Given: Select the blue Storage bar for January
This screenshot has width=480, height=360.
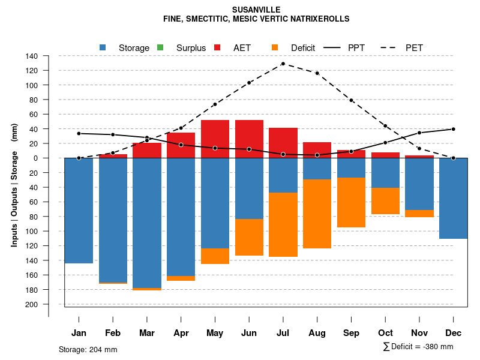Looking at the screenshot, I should click(79, 210).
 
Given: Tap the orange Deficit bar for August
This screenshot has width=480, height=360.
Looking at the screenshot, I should click(317, 214).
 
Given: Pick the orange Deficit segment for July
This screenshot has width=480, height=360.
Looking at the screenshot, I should click(283, 224).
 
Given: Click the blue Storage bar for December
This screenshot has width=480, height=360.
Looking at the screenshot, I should click(453, 198).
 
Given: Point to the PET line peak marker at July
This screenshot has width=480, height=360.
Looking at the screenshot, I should click(283, 64).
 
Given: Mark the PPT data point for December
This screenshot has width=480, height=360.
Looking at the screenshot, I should click(453, 129).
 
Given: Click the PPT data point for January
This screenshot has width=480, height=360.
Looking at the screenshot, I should click(79, 133).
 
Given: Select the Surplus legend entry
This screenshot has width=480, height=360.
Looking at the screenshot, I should click(191, 48).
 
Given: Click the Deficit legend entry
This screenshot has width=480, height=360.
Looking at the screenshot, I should click(303, 48).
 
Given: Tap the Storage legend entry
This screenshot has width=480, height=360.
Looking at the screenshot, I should click(134, 48).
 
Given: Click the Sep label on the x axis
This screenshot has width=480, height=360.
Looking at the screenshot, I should click(351, 333).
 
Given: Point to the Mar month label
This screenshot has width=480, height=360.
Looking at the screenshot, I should click(147, 333).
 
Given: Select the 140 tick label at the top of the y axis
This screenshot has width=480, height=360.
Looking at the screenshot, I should click(32, 56).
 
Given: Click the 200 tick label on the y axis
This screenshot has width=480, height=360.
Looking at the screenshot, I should click(32, 304).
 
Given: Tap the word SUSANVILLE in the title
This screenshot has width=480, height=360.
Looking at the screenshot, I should click(256, 10).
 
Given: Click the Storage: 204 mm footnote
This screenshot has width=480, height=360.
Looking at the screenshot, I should click(88, 349).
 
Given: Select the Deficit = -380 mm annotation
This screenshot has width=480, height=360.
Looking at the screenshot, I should click(418, 347).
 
